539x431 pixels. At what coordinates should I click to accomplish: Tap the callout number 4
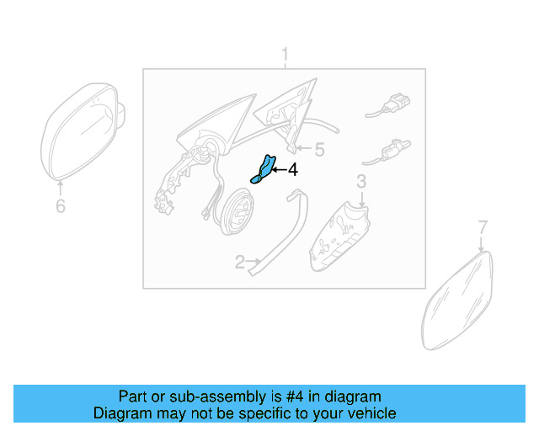292,170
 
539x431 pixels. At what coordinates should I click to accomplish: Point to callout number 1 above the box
285,56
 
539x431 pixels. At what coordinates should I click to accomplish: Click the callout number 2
239,263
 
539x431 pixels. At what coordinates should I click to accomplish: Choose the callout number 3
360,181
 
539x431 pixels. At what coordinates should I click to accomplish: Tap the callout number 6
60,205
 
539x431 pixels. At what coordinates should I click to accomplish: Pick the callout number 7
483,226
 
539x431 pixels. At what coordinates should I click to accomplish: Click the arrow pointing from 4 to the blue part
278,170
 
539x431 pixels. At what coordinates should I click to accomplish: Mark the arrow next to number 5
305,150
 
